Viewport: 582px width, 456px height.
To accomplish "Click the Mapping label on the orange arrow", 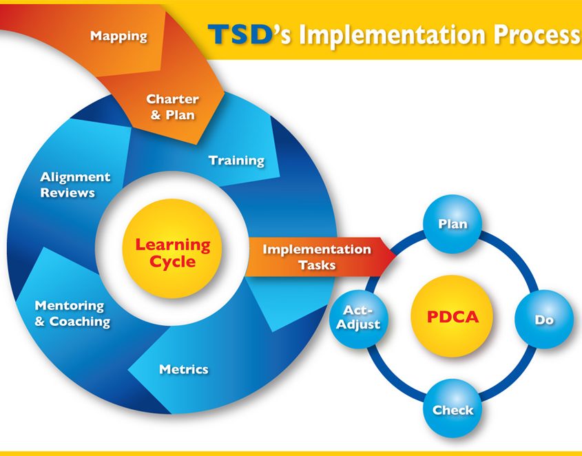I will point(118,35).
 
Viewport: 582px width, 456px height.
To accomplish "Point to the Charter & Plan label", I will point(172,107).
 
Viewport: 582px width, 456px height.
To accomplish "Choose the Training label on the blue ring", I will point(236,160).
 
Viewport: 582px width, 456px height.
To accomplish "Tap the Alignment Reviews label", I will point(75,185).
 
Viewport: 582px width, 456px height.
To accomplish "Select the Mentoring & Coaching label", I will point(72,313).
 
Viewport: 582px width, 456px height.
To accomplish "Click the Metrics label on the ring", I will point(183,369).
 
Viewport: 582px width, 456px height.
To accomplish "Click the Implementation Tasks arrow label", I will point(316,257).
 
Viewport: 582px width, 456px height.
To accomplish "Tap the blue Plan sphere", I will point(453,224).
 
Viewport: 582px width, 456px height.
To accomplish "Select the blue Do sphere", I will point(544,320).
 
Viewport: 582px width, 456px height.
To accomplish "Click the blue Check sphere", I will point(453,409).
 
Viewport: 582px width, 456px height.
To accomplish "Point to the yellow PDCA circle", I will point(453,318).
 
